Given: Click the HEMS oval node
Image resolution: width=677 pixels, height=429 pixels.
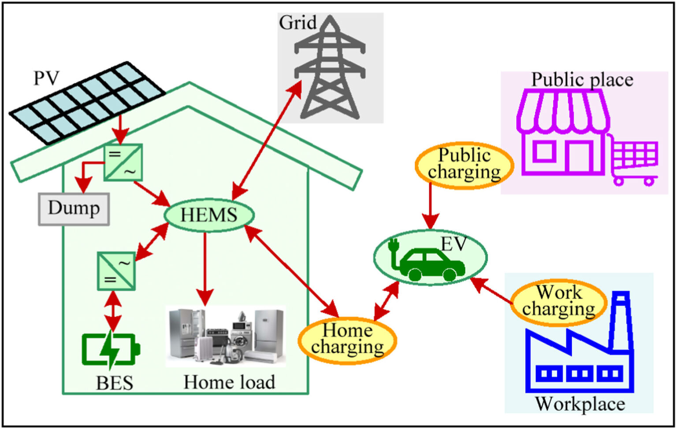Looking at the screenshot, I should (209, 215).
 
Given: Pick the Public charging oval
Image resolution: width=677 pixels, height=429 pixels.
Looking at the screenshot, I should (464, 165).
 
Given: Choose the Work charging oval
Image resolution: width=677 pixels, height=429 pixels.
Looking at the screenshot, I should (558, 302).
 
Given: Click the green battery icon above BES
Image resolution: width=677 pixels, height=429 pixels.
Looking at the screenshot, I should (110, 349).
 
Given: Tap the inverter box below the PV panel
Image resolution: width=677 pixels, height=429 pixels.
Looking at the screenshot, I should (123, 162).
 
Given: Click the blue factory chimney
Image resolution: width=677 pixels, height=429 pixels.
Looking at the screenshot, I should (621, 322).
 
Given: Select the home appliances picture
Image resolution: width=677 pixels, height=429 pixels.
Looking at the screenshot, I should (226, 337).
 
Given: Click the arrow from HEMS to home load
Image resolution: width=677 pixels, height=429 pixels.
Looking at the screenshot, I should (205, 269).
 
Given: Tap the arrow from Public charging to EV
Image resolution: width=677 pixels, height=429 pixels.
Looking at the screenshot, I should (431, 204).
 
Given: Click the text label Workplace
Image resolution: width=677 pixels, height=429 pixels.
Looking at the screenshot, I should (580, 403).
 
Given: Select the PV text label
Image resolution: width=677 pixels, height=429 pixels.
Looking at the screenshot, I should (46, 78).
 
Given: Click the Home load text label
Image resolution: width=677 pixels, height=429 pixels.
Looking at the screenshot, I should (229, 382).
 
